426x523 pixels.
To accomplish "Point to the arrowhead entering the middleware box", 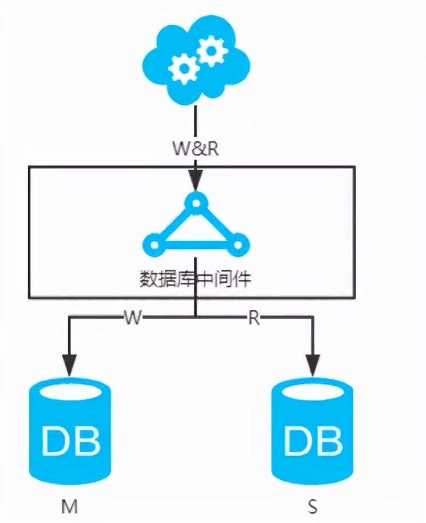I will point(196,182).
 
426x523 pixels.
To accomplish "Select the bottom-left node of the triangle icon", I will point(153,245).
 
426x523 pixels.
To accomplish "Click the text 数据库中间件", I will point(196,279).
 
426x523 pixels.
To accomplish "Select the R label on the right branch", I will point(254,318).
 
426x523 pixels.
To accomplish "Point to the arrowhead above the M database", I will point(69,364).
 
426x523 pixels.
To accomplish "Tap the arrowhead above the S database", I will point(312,364).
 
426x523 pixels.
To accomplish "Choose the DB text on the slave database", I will point(313,441).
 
